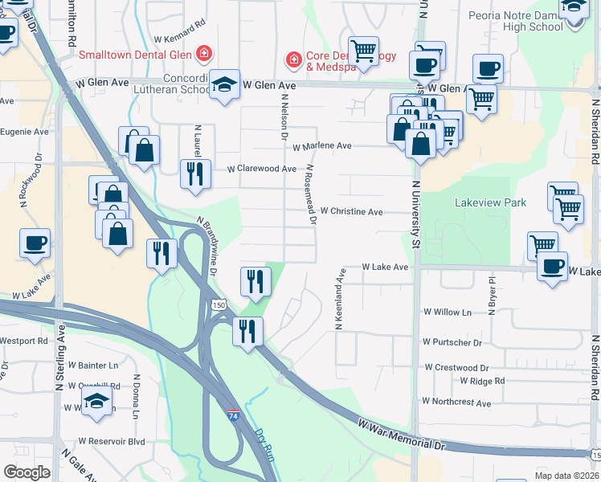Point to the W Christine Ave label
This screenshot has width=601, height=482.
pyautogui.click(x=351, y=211)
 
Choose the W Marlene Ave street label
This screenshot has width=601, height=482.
pyautogui.click(x=321, y=146)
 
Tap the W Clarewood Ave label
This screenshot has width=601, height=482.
pyautogui.click(x=262, y=170)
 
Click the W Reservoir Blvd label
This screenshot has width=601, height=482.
pyautogui.click(x=111, y=441)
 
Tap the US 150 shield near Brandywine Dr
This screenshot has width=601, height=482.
pyautogui.click(x=219, y=305)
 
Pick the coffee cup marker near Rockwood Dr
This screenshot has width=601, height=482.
pyautogui.click(x=35, y=243)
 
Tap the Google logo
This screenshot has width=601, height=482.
pyautogui.click(x=27, y=472)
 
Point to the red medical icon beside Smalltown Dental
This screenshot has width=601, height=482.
pyautogui.click(x=204, y=54)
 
